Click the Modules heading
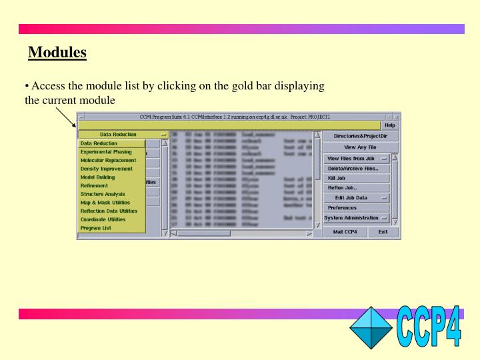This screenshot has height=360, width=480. pyautogui.click(x=57, y=51)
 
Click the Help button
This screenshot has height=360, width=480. pyautogui.click(x=390, y=125)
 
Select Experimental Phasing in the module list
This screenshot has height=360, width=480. pyautogui.click(x=106, y=152)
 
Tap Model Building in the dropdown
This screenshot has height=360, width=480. pyautogui.click(x=97, y=177)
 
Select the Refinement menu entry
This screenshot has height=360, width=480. pyautogui.click(x=94, y=186)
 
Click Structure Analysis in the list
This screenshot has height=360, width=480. pyautogui.click(x=102, y=194)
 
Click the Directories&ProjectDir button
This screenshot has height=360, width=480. pyautogui.click(x=359, y=136)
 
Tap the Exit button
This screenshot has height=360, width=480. pyautogui.click(x=382, y=232)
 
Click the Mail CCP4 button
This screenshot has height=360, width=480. pyautogui.click(x=345, y=232)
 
